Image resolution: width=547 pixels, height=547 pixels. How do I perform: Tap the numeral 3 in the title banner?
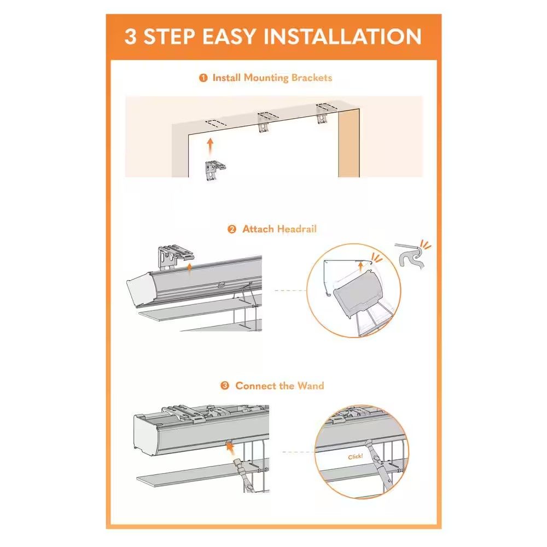click(130, 36)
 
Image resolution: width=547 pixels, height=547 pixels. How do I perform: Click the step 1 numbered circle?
click(203, 78)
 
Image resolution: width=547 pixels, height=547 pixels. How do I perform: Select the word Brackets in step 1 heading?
click(312, 78)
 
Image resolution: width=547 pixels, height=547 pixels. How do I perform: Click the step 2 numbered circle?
click(231, 229)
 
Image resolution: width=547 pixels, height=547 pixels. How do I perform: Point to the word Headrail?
click(297, 229)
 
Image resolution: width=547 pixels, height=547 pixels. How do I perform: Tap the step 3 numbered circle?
click(225, 386)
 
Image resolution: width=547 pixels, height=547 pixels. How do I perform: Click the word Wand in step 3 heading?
click(311, 386)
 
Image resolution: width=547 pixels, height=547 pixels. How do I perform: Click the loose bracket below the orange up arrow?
click(215, 170)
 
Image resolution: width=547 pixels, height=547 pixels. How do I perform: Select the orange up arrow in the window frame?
click(210, 147)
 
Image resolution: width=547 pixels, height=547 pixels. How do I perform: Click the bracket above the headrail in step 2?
click(174, 257)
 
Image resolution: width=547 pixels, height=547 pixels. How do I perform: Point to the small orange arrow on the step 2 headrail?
click(189, 268)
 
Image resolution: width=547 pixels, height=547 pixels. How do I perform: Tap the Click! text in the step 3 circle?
click(356, 456)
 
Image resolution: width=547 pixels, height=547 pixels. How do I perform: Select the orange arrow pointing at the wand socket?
click(230, 449)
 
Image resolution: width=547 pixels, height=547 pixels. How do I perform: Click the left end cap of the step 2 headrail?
click(139, 289)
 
